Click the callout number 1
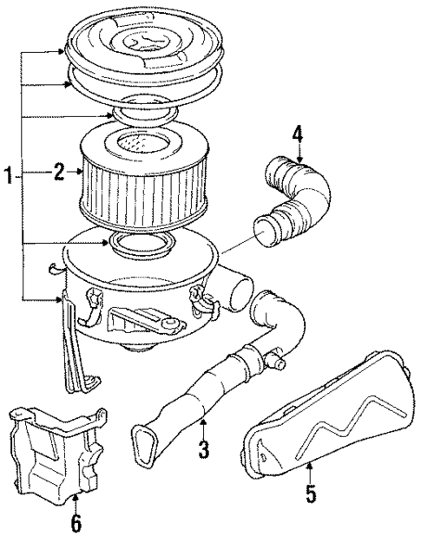coord(8,177)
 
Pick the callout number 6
coord(76,524)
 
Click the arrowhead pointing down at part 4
coord(299,158)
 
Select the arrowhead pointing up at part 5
coord(312,469)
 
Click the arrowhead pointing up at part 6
coord(76,498)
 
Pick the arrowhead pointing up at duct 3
coord(203,423)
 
